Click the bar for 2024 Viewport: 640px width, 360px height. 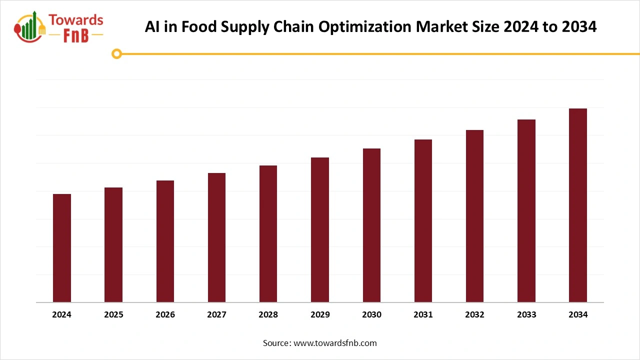click(62, 248)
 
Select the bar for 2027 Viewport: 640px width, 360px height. click(216, 237)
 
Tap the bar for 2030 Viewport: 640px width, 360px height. click(371, 225)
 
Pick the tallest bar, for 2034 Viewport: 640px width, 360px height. click(578, 205)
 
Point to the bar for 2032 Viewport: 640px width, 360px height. click(474, 216)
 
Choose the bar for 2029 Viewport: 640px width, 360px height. click(320, 230)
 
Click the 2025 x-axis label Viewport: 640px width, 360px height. click(113, 314)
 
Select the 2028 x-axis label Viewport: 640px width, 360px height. click(268, 314)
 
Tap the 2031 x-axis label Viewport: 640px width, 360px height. click(423, 314)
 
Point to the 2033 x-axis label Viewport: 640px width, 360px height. click(526, 314)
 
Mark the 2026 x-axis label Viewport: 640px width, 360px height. click(165, 314)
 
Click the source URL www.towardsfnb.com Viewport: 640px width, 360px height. click(335, 343)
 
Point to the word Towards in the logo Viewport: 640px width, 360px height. click(75, 20)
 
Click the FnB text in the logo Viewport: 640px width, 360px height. click(75, 35)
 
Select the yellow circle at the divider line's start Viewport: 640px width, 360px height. click(116, 53)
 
